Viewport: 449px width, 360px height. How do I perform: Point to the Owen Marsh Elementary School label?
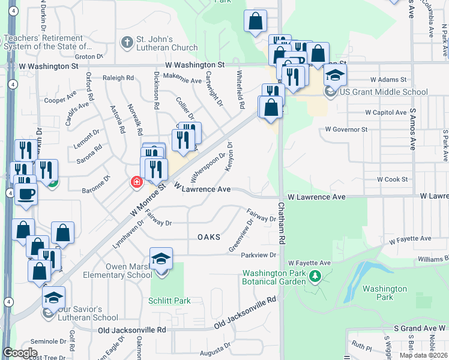tap(119, 271)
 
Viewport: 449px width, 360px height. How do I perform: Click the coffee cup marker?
tap(25, 194)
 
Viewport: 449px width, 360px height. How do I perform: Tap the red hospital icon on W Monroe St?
tap(137, 182)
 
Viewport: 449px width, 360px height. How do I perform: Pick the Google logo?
tap(20, 353)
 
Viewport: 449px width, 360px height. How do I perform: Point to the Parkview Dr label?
tap(258, 255)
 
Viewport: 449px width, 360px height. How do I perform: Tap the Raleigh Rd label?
tap(118, 78)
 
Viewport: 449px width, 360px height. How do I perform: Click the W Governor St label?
tap(346, 129)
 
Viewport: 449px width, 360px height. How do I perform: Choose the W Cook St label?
tap(393, 179)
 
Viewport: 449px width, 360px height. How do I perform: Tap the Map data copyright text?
tap(423, 355)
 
